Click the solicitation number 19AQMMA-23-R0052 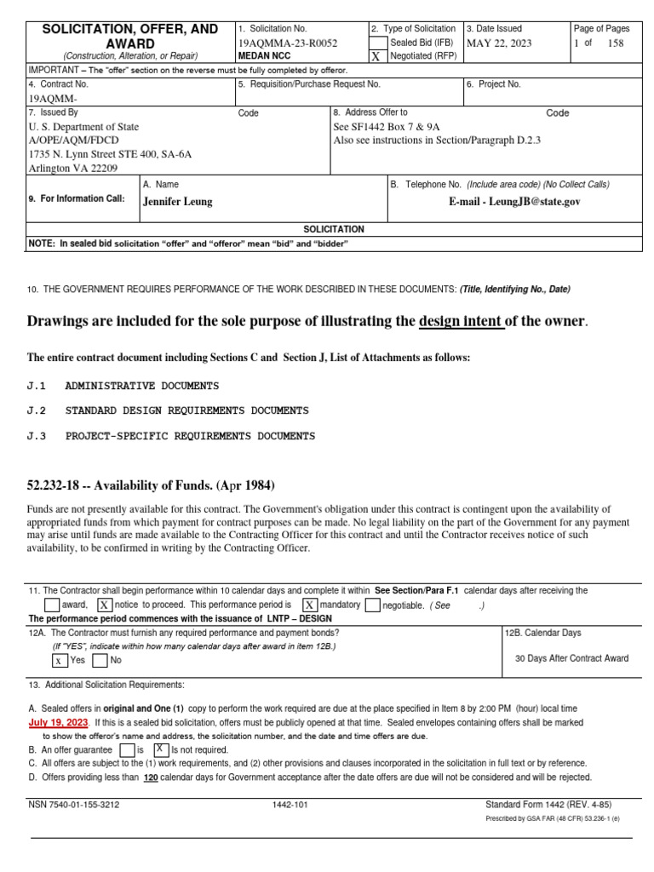point(288,42)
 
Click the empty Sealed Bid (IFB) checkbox point(376,42)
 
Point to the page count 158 point(616,42)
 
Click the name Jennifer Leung point(178,202)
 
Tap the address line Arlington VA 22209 point(74,168)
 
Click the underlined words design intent point(461,321)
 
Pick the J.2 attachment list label point(37,410)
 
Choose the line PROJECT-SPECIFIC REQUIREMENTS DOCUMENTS point(190,436)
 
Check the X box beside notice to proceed point(104,605)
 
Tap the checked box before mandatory point(311,605)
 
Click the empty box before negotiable point(372,605)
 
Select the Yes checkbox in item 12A point(59,659)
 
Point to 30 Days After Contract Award point(572,658)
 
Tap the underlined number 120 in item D point(150,777)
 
